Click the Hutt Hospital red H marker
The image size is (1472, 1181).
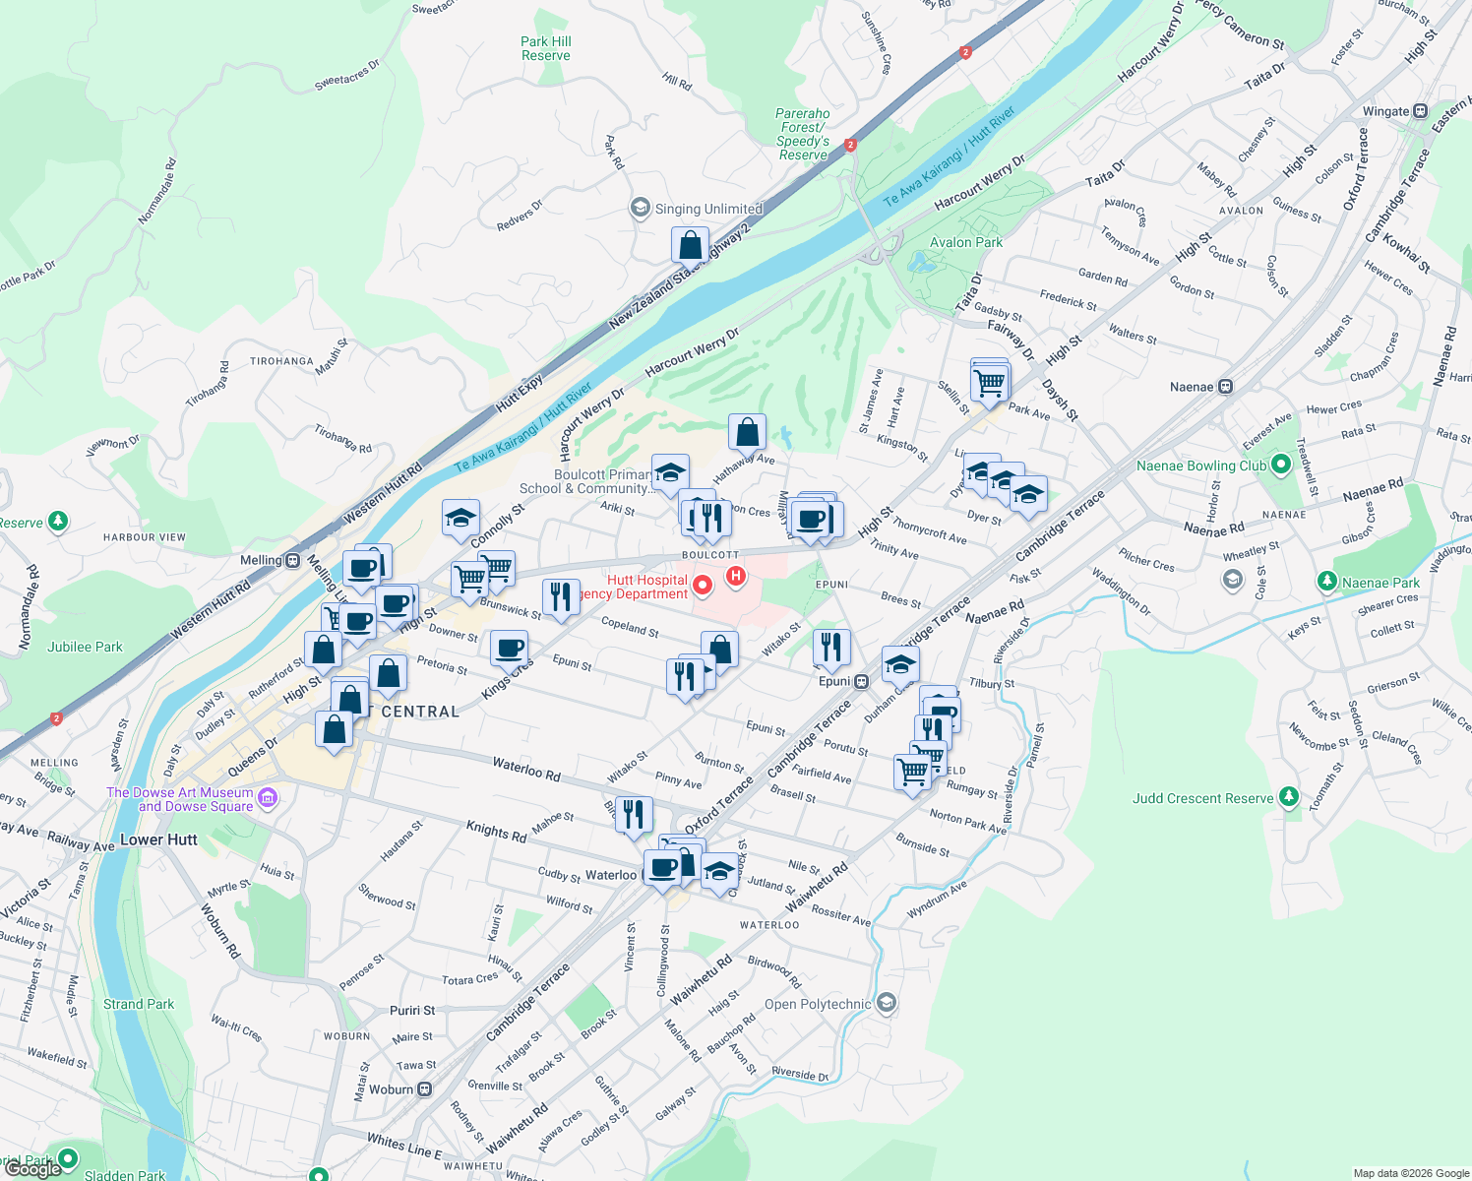point(734,575)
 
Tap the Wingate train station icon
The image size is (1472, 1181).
point(1420,111)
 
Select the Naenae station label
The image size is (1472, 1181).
point(1191,387)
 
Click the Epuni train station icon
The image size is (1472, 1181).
point(861,681)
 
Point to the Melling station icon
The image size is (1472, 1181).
point(292,561)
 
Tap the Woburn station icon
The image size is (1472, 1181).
point(424,1089)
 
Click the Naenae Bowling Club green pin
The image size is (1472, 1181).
point(1280,465)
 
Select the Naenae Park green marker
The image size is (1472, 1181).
point(1326,583)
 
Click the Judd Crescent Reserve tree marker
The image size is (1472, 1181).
point(1288,798)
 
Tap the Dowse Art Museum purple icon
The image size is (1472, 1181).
point(268,797)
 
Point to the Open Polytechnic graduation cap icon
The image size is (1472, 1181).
point(886,1004)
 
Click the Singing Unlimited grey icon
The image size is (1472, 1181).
point(641,208)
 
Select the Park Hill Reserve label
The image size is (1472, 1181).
point(546,48)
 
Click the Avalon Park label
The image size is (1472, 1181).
point(966,242)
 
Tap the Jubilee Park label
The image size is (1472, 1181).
point(85,647)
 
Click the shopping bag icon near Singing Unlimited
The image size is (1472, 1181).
point(690,244)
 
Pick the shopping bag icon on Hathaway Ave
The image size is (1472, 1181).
point(747,431)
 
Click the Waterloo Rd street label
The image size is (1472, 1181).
point(526,769)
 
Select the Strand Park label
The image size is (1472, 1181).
point(139,1004)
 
